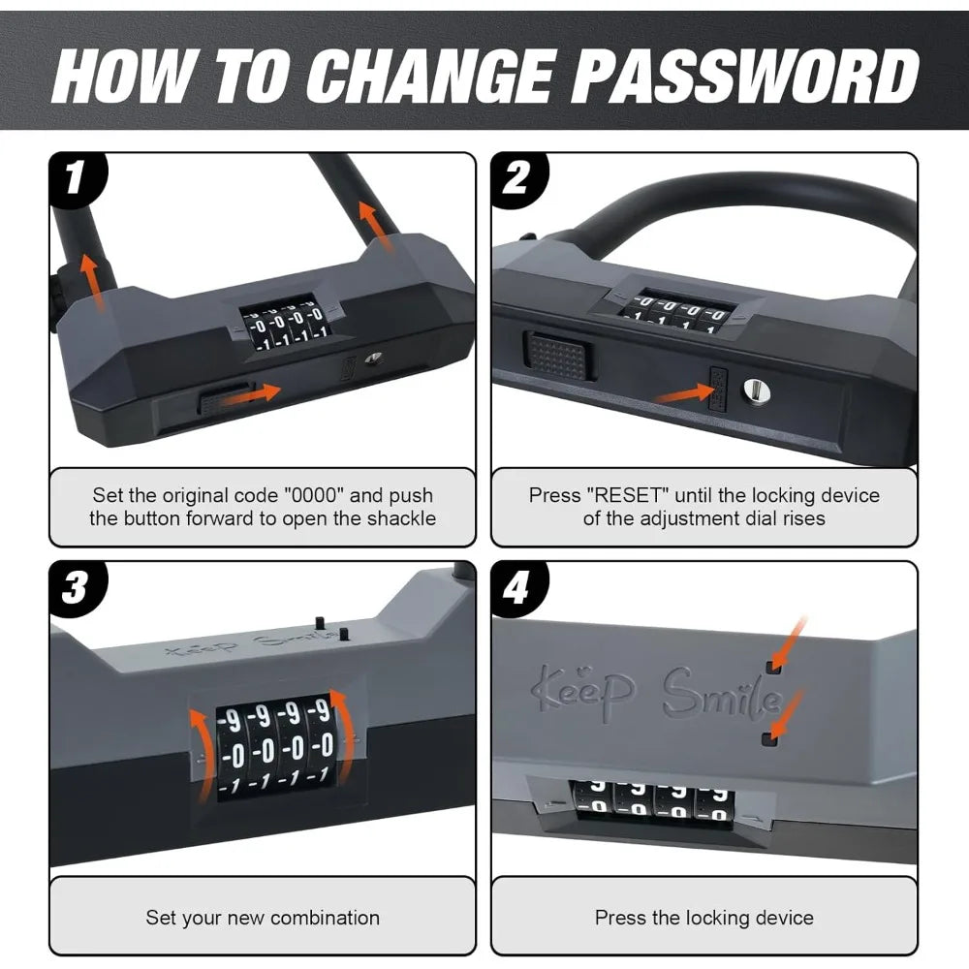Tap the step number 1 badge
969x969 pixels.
(77, 179)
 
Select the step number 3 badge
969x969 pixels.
(77, 588)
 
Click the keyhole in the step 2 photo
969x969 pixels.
(753, 390)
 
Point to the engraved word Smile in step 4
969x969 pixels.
(721, 695)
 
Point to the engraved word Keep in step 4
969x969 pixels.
(585, 687)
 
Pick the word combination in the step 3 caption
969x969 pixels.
(325, 917)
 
